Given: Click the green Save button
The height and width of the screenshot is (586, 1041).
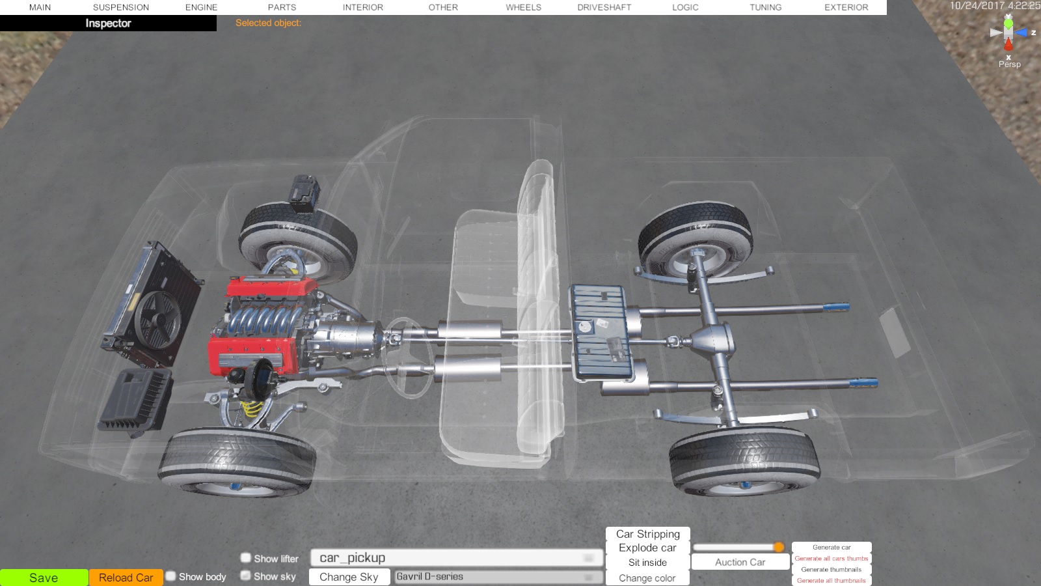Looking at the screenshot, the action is (x=44, y=578).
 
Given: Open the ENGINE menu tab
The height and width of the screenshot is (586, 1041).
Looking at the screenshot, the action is (x=201, y=7).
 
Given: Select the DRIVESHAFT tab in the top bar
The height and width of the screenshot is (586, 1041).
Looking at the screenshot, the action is (x=604, y=7).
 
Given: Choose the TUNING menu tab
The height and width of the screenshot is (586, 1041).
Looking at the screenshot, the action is (x=765, y=7).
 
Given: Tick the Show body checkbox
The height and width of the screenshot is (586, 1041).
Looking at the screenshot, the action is (x=171, y=576).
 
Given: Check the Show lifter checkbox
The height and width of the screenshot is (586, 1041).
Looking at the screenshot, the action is (x=246, y=557).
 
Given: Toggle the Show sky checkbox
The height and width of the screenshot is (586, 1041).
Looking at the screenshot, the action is (x=246, y=576).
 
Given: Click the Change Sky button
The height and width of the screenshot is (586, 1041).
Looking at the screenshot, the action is (x=349, y=577).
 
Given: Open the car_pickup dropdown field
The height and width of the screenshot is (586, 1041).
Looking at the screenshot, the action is (x=457, y=557).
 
